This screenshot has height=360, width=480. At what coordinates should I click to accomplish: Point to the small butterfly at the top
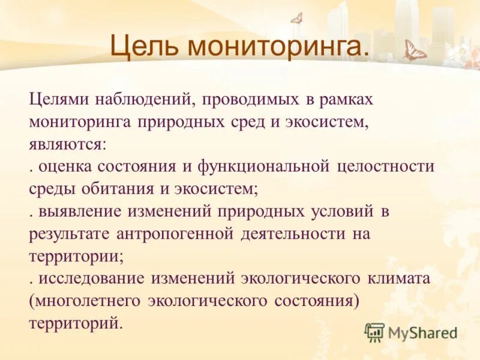295,19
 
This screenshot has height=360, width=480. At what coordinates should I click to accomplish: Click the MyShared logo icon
374,332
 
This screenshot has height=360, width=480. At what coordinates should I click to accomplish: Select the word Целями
59,98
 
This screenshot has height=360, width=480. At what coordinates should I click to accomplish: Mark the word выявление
78,211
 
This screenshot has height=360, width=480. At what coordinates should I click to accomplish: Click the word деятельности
292,234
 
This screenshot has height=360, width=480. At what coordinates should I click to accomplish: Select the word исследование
91,279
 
